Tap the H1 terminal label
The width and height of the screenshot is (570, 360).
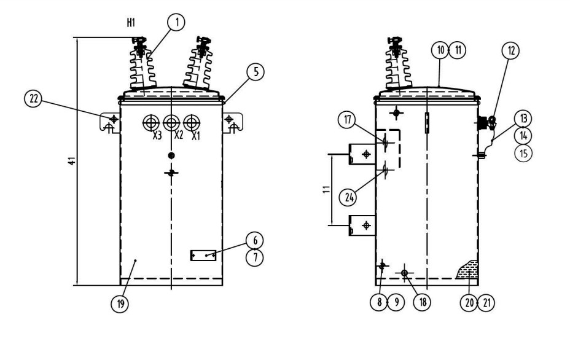coord(131,23)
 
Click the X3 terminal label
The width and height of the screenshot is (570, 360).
coord(157,136)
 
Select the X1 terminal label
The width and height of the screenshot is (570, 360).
coord(196,136)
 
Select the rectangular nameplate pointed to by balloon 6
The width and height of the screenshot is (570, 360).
coord(203,255)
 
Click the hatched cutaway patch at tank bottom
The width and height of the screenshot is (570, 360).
coord(467,268)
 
